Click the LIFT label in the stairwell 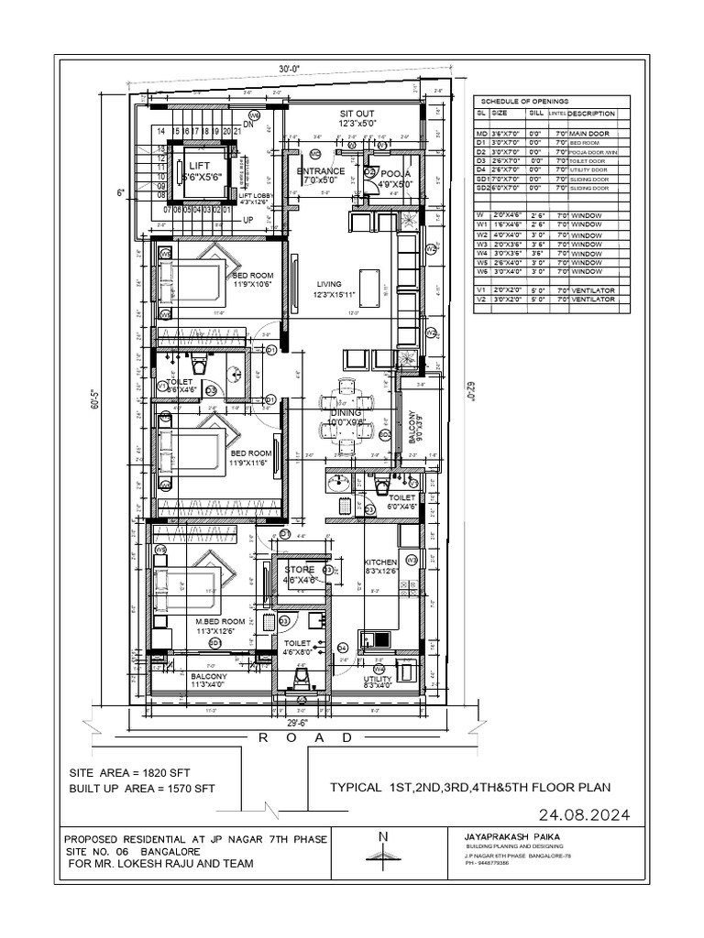point(200,165)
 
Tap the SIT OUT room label point(357,113)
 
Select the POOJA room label point(395,172)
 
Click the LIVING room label point(328,285)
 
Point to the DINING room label point(347,414)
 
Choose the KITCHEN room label point(380,562)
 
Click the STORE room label point(299,570)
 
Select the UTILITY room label point(378,679)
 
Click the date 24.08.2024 point(580,813)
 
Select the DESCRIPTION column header point(591,114)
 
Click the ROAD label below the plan point(304,737)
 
